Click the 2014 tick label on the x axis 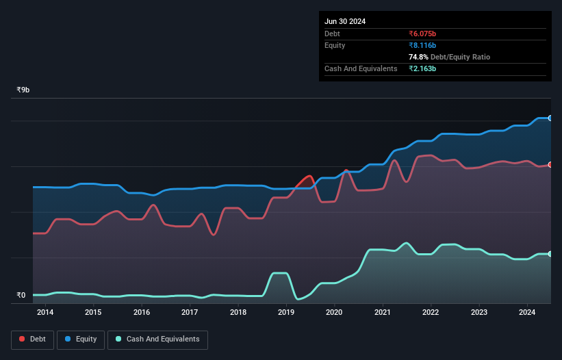(45, 313)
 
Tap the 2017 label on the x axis (190, 313)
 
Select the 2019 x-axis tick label (286, 313)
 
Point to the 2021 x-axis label (383, 313)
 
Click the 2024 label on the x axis (527, 313)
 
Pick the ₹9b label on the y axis (23, 90)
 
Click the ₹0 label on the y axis (21, 296)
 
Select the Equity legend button (81, 339)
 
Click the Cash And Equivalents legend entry (157, 339)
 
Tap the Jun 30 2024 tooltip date (345, 21)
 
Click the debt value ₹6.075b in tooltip (422, 34)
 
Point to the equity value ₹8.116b (422, 45)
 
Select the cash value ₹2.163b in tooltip (422, 68)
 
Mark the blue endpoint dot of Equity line (550, 118)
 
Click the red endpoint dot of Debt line (550, 165)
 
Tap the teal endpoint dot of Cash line (550, 254)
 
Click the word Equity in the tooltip (335, 45)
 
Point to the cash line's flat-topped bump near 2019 (279, 273)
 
